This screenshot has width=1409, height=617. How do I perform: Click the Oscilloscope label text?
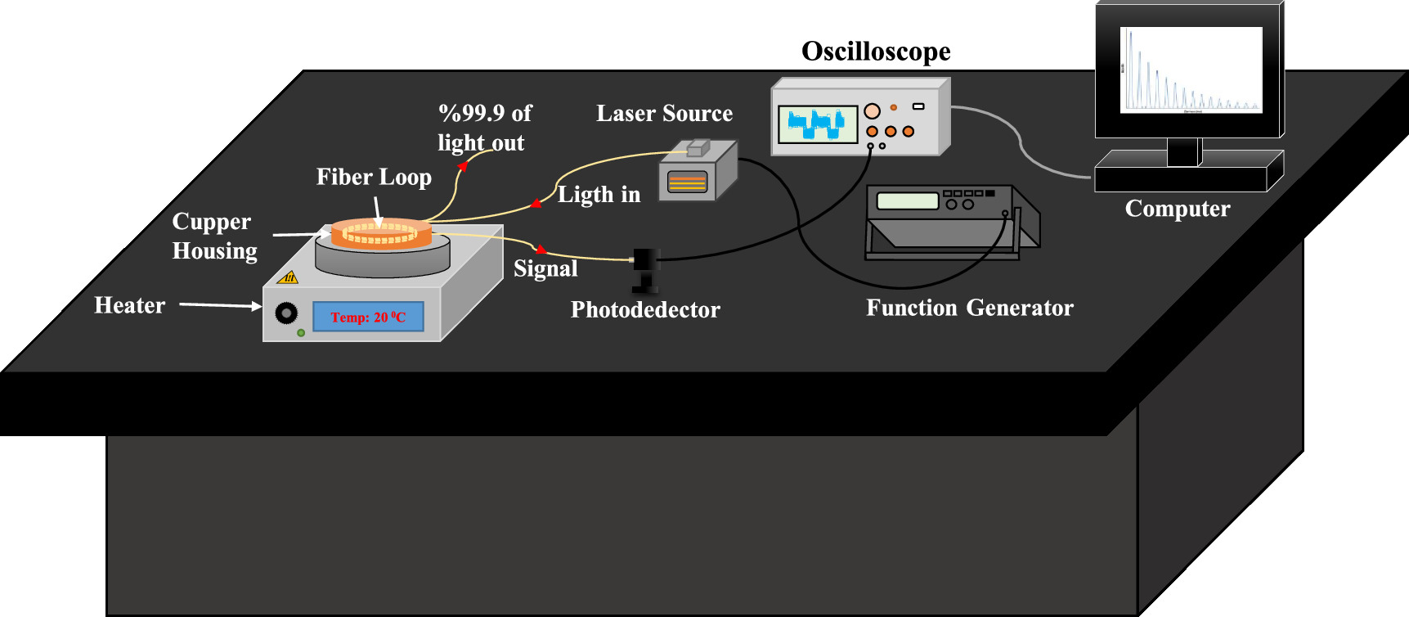coord(876,52)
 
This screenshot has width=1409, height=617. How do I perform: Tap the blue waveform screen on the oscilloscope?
coord(817,124)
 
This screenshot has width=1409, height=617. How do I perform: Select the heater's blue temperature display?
coord(368,317)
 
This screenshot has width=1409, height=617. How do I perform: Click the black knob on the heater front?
coord(286,313)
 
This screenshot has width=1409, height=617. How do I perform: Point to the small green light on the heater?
coord(301,333)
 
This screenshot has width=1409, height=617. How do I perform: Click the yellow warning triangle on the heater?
coord(288,277)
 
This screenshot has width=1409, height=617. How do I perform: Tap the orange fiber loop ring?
coord(380,233)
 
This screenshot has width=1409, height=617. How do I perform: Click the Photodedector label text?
coord(645,309)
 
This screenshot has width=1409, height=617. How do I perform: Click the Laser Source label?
coord(664,114)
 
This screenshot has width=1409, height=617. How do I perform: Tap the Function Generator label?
coord(969,308)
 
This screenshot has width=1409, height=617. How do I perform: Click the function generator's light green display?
coord(907,200)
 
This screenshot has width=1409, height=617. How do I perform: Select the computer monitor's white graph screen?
coord(1191,70)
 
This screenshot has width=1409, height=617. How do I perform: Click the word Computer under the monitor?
coord(1177,209)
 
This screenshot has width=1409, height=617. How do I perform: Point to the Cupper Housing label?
coord(213,236)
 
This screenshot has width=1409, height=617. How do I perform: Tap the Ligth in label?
coord(599,195)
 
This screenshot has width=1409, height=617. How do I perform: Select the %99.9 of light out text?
coord(484,128)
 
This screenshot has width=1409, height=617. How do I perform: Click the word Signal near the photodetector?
coord(545,268)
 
